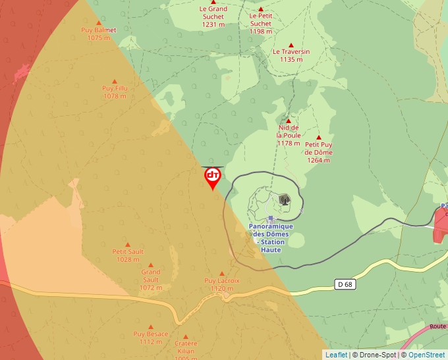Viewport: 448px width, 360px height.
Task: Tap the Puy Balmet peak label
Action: [x=98, y=34]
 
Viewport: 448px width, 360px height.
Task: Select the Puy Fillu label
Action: [x=115, y=92]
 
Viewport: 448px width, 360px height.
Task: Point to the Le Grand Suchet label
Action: [x=213, y=16]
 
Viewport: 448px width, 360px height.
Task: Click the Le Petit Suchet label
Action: [x=261, y=23]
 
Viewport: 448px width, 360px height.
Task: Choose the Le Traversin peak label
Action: [x=291, y=55]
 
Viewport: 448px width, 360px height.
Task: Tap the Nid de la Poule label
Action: [x=289, y=135]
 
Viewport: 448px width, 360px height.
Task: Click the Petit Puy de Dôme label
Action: [x=319, y=152]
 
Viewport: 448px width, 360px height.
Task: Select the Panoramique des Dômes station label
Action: [x=271, y=238]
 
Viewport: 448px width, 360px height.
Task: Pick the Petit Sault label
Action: [x=128, y=255]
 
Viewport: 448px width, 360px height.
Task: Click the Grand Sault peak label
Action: [x=150, y=280]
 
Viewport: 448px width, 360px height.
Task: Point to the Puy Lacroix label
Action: [x=222, y=284]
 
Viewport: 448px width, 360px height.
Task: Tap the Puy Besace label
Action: [x=151, y=338]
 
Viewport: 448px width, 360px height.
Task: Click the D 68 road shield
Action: [x=344, y=284]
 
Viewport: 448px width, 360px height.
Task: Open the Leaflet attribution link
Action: [x=336, y=355]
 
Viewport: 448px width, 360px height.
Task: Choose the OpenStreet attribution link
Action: [x=426, y=355]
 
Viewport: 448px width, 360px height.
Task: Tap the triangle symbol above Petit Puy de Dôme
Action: [x=319, y=137]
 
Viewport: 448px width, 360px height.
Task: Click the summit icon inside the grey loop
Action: [x=285, y=199]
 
